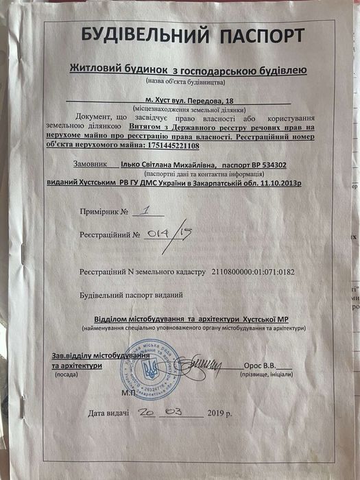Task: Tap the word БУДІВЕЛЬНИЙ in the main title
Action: [134, 35]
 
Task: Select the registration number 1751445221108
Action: [167, 145]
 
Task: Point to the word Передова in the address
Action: [203, 99]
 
